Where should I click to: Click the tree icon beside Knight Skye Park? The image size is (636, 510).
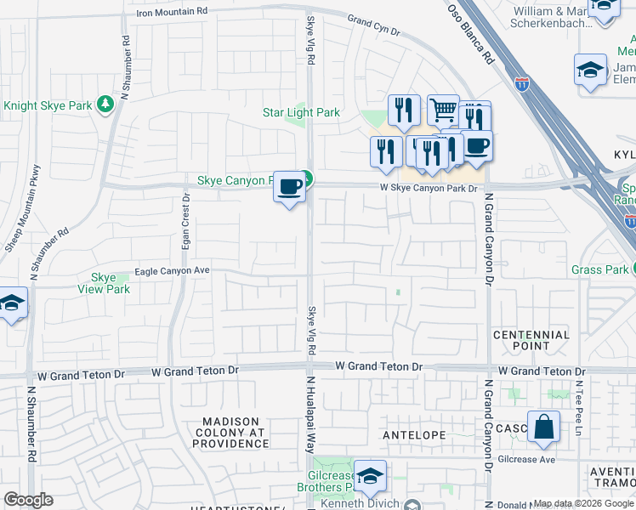click(x=105, y=105)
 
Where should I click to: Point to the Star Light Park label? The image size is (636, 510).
click(x=301, y=112)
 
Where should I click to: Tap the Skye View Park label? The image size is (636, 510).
click(x=111, y=283)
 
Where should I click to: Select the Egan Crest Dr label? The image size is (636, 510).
click(x=185, y=220)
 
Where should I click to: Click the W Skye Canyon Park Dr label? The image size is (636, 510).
click(x=429, y=188)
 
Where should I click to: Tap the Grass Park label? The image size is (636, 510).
click(x=599, y=270)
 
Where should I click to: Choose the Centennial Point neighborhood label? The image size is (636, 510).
click(x=531, y=340)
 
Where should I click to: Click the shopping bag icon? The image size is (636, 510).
click(x=543, y=427)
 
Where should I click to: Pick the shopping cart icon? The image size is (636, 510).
click(x=443, y=109)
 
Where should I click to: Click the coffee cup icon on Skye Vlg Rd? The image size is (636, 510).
click(x=290, y=186)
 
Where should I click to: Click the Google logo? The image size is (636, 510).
click(x=29, y=500)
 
